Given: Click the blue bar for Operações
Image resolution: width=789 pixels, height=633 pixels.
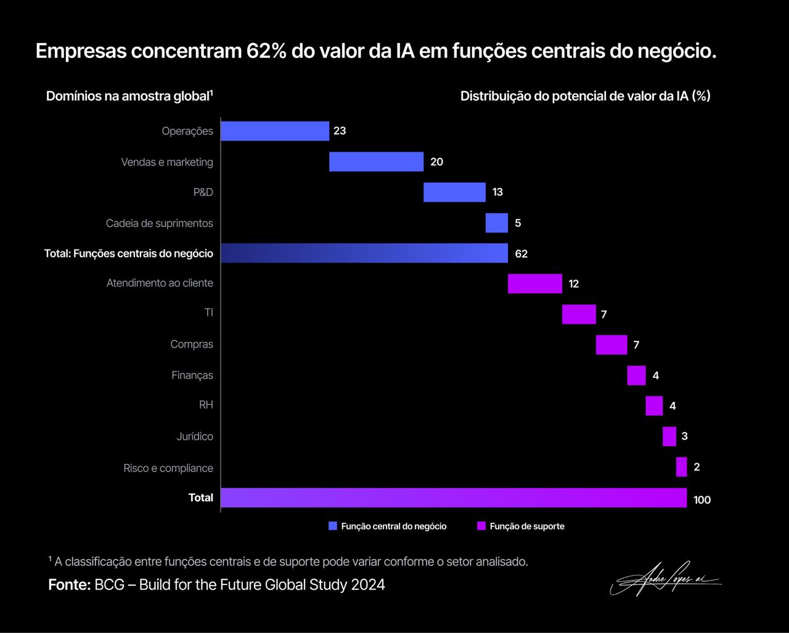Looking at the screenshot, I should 275,131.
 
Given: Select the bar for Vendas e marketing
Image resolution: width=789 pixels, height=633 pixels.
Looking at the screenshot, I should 376,161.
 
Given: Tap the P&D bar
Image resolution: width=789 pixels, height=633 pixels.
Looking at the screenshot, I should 454,192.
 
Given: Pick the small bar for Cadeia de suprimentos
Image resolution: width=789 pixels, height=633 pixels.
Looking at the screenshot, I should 497,223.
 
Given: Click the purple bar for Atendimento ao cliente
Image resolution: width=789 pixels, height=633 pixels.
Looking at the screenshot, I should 535,284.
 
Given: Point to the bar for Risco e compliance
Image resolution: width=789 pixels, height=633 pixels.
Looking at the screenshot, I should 681,467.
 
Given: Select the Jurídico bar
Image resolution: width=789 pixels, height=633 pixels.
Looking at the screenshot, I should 669,436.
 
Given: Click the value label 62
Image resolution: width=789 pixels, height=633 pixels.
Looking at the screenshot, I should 521,254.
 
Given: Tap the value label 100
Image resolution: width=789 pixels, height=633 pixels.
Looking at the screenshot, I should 702,500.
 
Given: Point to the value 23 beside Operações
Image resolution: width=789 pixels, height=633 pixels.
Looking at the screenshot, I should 340,131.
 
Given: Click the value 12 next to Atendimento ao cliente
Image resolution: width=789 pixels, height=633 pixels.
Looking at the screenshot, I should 574,284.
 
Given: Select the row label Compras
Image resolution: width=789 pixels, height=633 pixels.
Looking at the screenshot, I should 192,345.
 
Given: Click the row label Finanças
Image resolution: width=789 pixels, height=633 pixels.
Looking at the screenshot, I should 192,375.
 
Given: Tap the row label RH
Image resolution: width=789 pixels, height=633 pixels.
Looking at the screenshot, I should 206,405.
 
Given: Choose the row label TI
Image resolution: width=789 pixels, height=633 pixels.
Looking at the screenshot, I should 209,313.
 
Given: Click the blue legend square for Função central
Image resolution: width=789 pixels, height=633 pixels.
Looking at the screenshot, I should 333,526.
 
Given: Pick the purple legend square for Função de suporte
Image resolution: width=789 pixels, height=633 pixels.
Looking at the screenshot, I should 482,526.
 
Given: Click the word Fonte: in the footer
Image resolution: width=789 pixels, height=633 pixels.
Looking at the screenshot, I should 69,585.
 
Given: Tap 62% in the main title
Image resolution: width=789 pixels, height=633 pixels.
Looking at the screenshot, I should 266,51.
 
